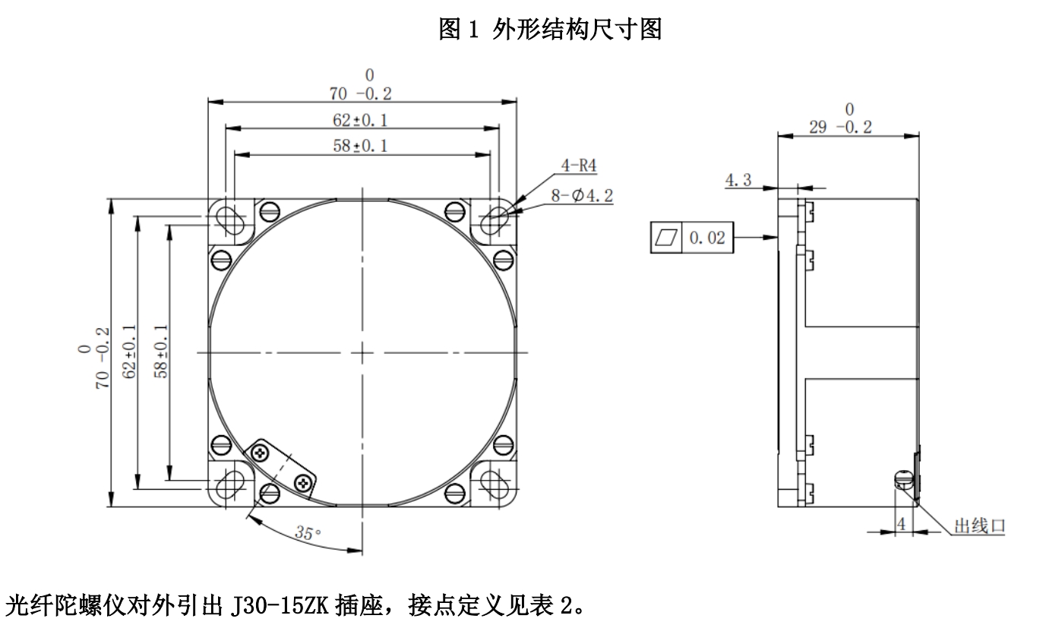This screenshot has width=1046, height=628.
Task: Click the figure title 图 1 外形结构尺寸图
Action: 551,30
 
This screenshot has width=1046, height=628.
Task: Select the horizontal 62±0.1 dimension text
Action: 361,119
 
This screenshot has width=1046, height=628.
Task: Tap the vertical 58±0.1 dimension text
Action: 161,352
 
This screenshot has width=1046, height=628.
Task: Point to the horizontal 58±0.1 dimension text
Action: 361,146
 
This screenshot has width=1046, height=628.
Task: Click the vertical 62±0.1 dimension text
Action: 130,352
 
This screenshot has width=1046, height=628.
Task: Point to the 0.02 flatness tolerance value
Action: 707,238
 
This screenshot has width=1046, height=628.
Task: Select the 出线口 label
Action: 980,525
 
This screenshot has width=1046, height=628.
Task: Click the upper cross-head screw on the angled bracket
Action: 263,453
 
